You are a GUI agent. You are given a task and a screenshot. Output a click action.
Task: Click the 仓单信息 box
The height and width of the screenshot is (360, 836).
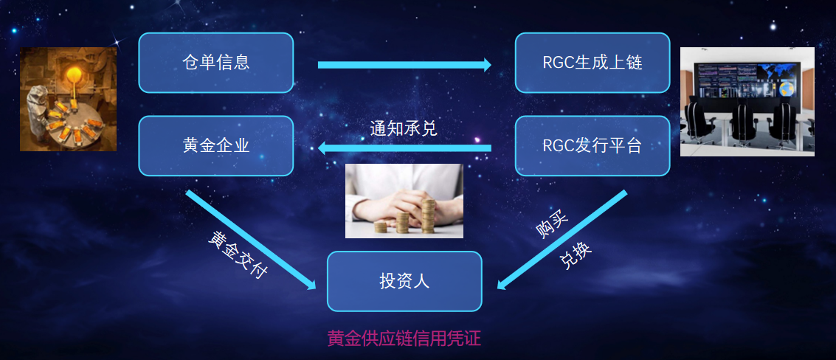pyautogui.click(x=216, y=63)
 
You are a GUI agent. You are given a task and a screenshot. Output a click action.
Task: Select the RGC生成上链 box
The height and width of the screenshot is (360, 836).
pyautogui.click(x=593, y=63)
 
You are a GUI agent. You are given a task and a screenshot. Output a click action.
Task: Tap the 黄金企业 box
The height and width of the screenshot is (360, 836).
pyautogui.click(x=216, y=146)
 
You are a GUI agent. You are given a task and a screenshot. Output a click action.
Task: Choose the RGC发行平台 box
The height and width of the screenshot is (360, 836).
pyautogui.click(x=593, y=146)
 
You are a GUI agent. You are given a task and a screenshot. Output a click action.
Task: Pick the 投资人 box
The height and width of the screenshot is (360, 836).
pyautogui.click(x=404, y=281)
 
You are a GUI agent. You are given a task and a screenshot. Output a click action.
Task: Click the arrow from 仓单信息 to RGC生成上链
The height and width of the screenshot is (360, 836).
pyautogui.click(x=404, y=65)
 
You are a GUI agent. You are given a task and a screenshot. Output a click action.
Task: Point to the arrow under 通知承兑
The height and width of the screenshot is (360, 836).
pyautogui.click(x=404, y=148)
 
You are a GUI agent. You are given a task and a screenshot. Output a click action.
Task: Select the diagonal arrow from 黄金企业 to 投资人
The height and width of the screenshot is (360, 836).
pyautogui.click(x=251, y=240)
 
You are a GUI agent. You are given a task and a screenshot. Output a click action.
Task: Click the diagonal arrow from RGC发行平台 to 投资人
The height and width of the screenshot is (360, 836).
pyautogui.click(x=562, y=240)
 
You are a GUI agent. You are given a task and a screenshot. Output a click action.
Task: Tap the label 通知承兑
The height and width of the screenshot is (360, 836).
pyautogui.click(x=404, y=128)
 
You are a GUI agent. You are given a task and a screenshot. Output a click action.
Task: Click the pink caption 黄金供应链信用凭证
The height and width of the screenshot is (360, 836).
pyautogui.click(x=404, y=339)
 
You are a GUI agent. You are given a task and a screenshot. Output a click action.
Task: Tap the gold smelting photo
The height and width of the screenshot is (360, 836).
pyautogui.click(x=68, y=99)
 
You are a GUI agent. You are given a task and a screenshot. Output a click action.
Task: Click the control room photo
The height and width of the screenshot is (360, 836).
pyautogui.click(x=747, y=101)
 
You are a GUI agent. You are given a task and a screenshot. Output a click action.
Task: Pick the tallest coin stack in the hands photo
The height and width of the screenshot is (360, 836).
pyautogui.click(x=429, y=216)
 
